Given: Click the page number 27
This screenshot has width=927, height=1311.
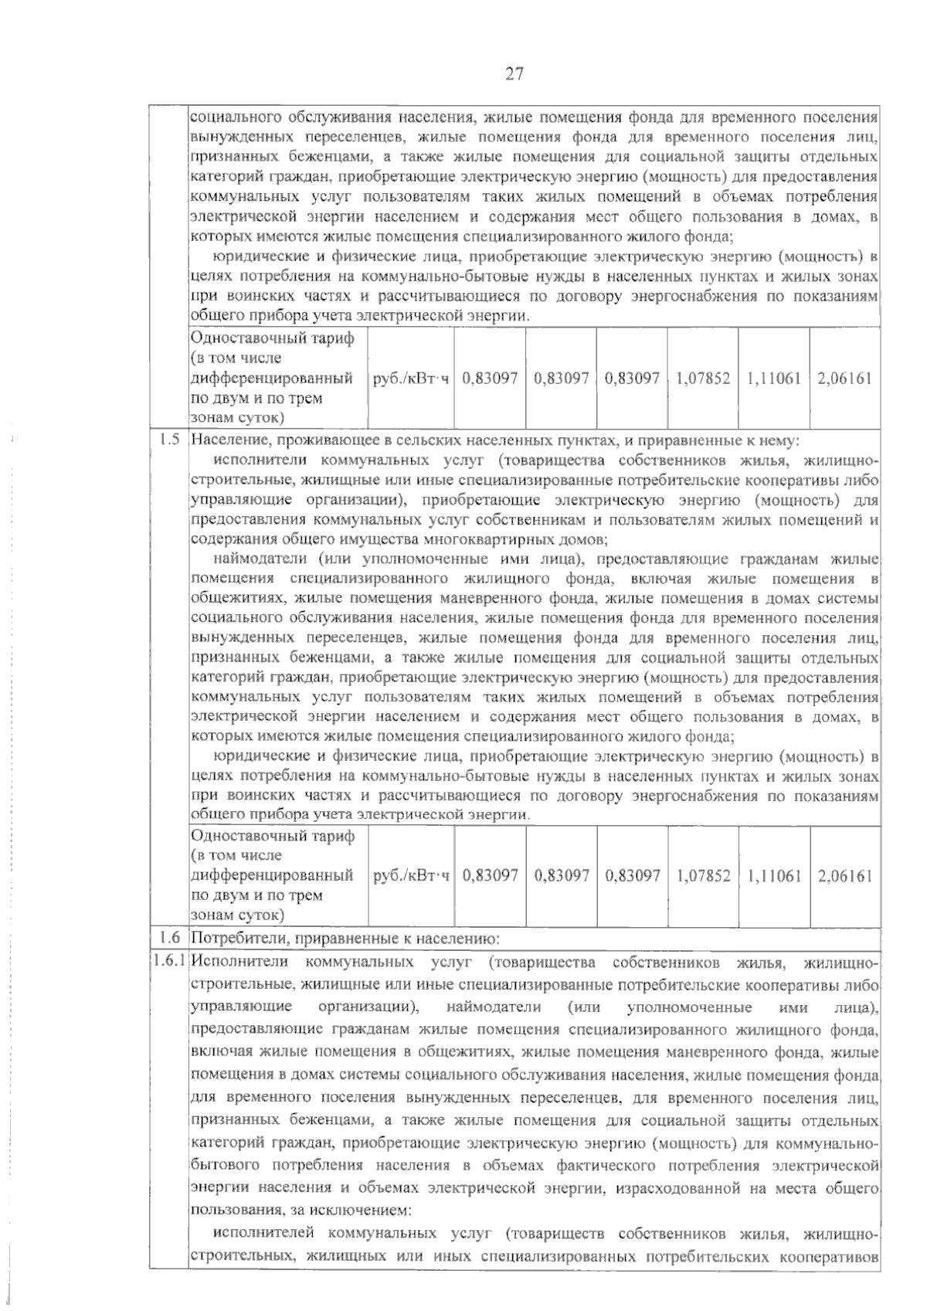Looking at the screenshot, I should point(514,74).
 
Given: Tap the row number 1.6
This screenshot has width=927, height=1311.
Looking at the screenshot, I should point(169,939).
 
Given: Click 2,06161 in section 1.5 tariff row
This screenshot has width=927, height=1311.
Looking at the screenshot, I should point(844,876).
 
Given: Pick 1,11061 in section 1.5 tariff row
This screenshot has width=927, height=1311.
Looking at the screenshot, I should point(773,876).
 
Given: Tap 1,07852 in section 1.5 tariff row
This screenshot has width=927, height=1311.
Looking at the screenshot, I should point(703,876).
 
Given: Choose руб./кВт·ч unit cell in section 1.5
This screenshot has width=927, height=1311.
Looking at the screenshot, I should point(411,876).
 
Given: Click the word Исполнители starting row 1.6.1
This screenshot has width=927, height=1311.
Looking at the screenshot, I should point(239,963).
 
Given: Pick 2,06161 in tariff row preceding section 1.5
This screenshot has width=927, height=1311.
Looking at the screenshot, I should point(844,379).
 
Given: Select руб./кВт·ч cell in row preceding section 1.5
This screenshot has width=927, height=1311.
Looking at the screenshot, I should point(411,379).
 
